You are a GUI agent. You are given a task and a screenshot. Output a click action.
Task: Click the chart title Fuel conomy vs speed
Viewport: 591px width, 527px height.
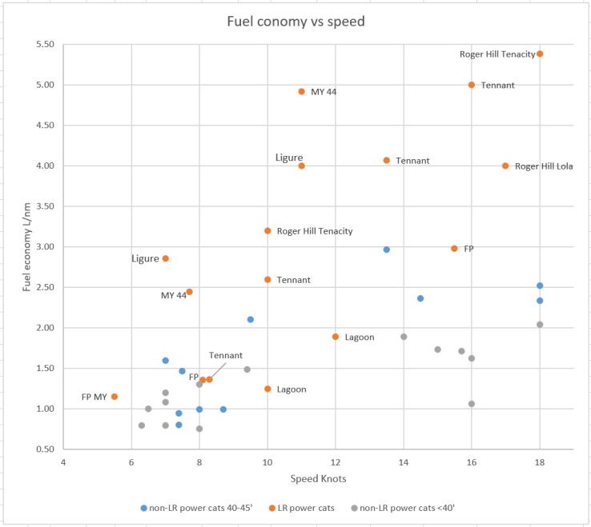[296, 22]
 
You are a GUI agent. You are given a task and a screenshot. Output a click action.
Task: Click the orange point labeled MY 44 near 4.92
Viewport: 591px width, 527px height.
[302, 91]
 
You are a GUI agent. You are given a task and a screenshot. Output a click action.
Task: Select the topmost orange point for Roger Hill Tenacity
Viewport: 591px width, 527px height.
[540, 54]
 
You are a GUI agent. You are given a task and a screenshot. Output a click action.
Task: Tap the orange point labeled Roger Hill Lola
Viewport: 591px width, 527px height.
[505, 166]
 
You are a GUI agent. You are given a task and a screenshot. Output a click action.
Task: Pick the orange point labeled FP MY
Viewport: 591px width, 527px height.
[115, 397]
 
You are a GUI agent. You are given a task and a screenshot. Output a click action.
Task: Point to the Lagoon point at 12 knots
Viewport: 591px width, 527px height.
[336, 337]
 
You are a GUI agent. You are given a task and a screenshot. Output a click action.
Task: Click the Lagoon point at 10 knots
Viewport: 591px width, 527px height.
[267, 389]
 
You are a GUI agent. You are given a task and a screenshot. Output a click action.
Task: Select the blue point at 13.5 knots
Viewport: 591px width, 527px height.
[387, 250]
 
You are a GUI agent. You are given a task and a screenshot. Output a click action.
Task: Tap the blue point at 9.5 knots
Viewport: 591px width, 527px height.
[251, 319]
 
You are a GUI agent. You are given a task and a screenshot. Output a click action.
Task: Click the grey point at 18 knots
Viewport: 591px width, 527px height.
[540, 324]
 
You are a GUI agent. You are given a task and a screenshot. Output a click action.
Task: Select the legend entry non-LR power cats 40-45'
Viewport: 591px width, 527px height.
[196, 508]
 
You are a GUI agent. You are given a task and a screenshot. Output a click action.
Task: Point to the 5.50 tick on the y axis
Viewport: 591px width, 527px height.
[43, 45]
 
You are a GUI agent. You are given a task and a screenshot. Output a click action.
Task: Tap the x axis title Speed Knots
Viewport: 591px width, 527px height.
[318, 479]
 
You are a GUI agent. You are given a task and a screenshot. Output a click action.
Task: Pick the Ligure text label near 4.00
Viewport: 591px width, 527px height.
[289, 158]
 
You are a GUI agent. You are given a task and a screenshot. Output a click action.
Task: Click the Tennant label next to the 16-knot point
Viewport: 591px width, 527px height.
[497, 85]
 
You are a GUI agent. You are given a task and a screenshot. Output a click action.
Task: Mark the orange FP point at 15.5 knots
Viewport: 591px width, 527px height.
[454, 249]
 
